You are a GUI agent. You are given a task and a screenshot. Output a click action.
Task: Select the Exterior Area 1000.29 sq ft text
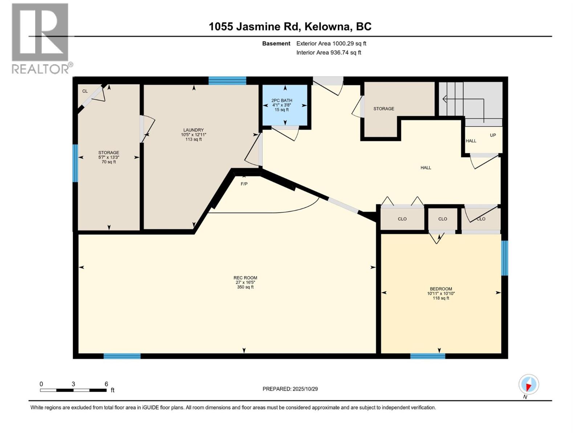click(x=331, y=44)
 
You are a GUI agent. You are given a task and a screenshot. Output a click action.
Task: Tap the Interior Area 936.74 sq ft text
click(x=329, y=53)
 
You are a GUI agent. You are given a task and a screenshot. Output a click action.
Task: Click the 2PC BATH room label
click(x=282, y=101)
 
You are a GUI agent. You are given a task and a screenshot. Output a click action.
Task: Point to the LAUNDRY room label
click(x=194, y=130)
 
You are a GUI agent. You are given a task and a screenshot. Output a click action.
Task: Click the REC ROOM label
click(x=245, y=278)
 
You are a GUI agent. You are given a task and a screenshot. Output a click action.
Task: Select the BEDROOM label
click(x=441, y=289)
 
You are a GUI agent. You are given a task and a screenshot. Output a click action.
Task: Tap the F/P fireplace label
click(x=244, y=184)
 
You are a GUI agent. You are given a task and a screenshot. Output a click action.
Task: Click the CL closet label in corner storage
click(x=85, y=91)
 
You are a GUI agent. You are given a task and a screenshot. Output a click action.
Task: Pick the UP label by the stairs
click(x=493, y=135)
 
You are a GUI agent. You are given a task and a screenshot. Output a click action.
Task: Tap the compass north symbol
click(x=529, y=384)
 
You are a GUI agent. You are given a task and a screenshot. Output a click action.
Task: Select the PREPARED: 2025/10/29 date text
click(x=290, y=389)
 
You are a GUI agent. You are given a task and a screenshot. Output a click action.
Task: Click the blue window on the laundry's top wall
click(x=227, y=81)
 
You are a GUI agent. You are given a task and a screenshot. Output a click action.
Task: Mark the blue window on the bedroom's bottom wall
click(x=427, y=356)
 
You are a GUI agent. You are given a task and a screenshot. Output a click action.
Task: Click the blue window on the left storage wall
click(x=75, y=163)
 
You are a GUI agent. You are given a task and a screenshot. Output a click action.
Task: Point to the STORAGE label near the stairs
click(x=384, y=109)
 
